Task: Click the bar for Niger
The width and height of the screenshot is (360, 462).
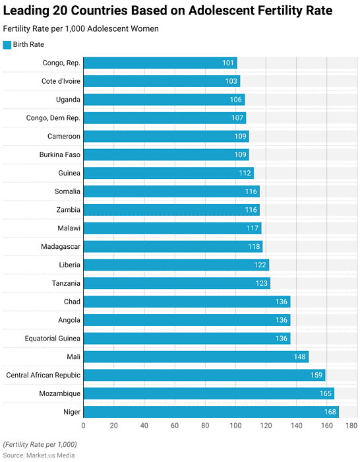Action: (211, 412)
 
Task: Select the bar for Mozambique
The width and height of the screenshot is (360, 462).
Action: (209, 393)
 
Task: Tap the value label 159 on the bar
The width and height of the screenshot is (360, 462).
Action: (316, 375)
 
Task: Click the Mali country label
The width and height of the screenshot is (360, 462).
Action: (73, 357)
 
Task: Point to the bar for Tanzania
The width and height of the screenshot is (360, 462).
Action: (177, 283)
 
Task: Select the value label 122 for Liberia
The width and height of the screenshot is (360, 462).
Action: (260, 265)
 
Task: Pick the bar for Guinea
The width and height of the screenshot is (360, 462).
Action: (168, 173)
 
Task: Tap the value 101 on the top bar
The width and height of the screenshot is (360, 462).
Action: (228, 63)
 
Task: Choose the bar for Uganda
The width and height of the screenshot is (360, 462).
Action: (164, 100)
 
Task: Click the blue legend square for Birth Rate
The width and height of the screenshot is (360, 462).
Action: (7, 45)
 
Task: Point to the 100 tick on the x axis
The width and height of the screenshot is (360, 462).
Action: (235, 426)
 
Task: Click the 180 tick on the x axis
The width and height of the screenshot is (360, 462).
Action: (351, 426)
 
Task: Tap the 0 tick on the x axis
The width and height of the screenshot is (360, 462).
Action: (84, 426)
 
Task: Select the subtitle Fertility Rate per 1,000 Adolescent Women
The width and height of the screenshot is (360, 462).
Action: (80, 29)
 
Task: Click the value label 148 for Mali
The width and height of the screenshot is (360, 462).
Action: (301, 357)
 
